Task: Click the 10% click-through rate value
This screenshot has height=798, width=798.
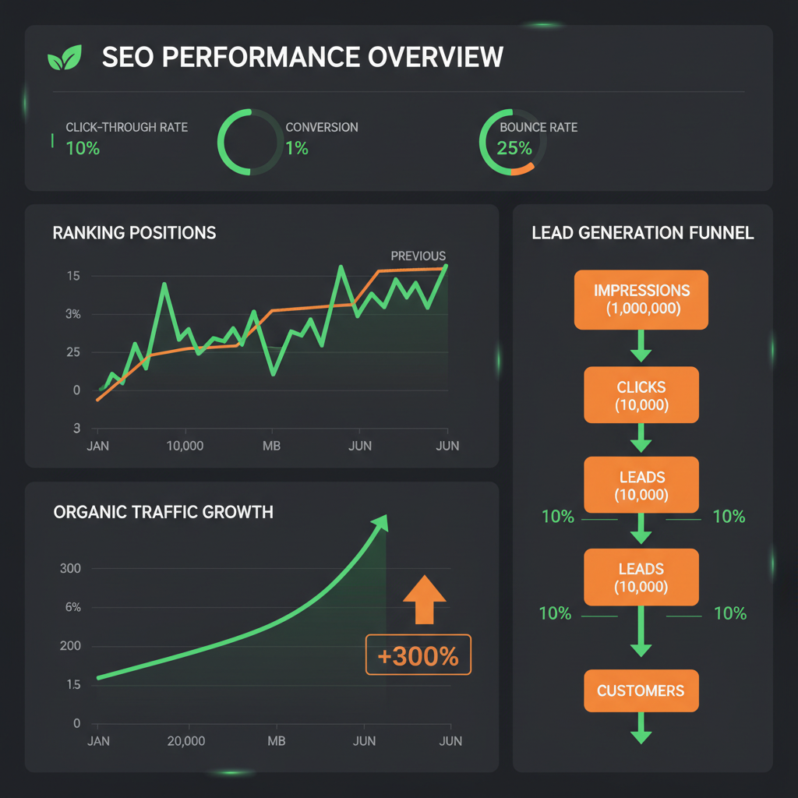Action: point(83,148)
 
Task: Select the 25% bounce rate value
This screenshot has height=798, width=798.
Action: point(514,148)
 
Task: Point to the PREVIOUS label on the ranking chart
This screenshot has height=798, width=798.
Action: point(418,256)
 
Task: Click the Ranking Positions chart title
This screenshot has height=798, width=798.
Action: point(134,233)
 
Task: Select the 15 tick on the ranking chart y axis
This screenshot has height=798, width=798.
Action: point(73,276)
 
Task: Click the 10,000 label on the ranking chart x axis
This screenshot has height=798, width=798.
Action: point(185,446)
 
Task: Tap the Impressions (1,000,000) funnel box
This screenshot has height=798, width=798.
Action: point(641,299)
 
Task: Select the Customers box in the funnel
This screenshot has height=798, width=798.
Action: point(641,690)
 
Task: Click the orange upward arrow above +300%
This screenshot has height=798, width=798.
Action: point(425,600)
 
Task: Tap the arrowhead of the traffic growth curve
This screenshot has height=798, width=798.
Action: point(381,522)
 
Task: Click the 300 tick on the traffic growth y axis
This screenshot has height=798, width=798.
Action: point(70,568)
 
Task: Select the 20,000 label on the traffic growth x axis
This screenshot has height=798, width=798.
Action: point(186,740)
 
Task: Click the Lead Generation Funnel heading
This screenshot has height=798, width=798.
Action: point(642,233)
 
